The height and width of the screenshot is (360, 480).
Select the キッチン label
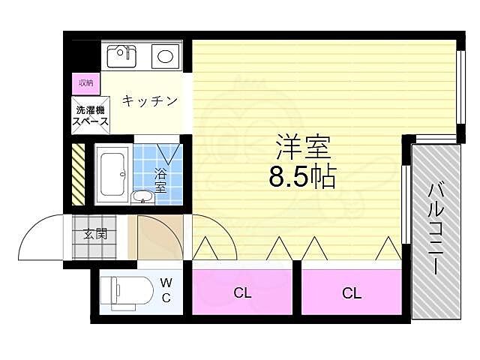(x=150, y=100)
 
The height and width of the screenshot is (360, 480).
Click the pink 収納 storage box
(x=84, y=82)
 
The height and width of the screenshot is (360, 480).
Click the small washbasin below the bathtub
(x=142, y=197)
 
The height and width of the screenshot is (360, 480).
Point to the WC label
(x=166, y=290)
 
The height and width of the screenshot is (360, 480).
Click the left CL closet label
(x=241, y=293)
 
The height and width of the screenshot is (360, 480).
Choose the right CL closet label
(x=352, y=293)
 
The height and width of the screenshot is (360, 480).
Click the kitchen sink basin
(x=122, y=55)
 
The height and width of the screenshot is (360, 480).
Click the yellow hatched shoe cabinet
(x=78, y=175)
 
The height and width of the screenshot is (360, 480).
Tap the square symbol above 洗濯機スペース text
(x=81, y=104)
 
